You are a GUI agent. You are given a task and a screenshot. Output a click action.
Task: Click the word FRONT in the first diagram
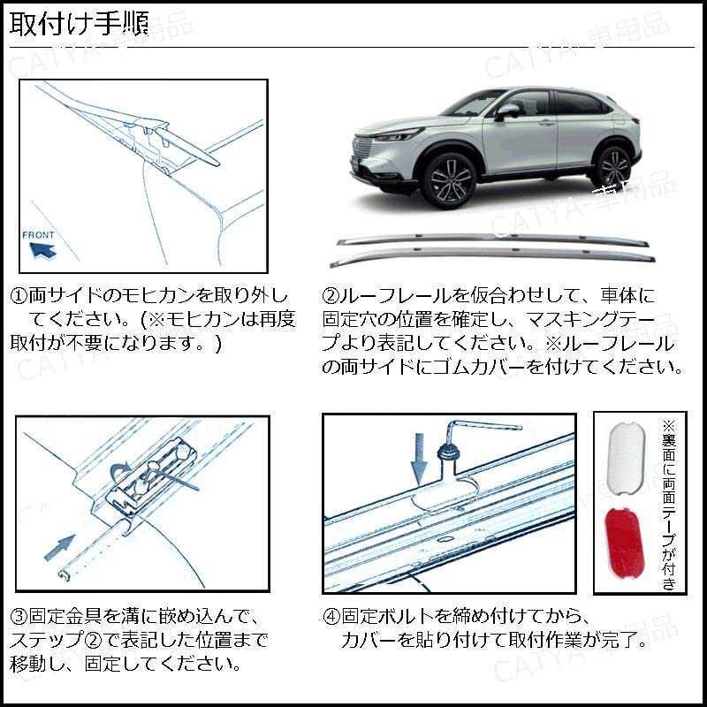(38, 235)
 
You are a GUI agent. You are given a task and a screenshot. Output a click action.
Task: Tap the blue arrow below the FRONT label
(42, 250)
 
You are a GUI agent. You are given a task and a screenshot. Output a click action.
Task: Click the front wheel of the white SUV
(449, 179)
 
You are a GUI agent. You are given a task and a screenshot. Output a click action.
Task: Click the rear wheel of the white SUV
(612, 167)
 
